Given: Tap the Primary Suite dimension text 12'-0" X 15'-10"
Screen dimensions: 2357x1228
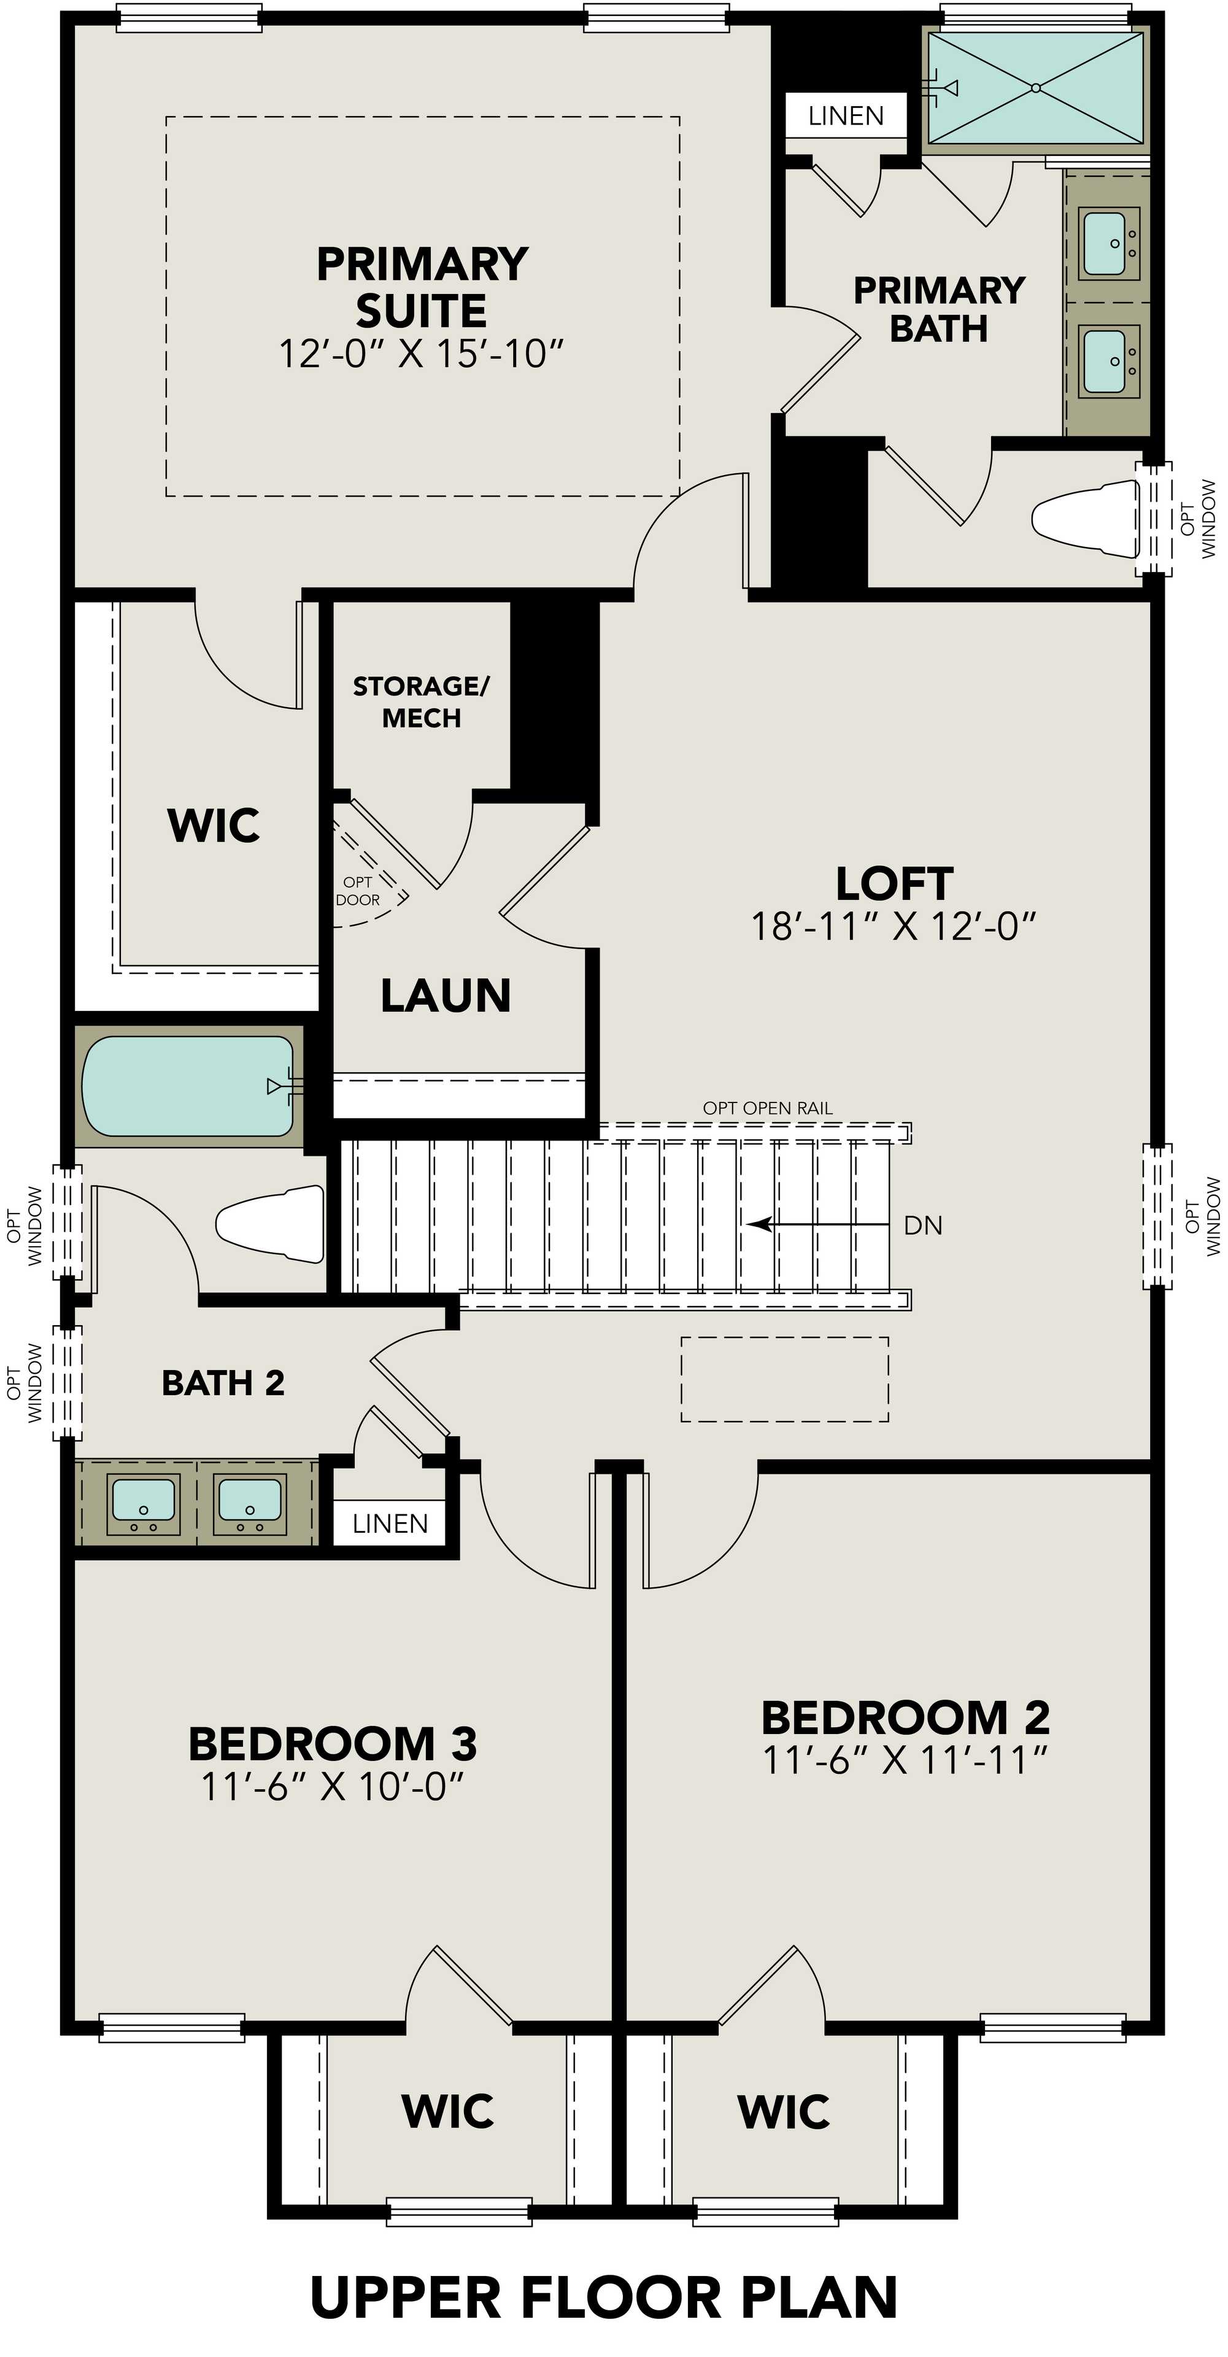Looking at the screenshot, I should tap(422, 353).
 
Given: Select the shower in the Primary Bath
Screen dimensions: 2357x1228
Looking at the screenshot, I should tap(1035, 88).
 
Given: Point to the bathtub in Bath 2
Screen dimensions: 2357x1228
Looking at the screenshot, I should tap(188, 1086).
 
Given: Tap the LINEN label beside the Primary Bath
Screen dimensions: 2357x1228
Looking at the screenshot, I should tap(846, 116).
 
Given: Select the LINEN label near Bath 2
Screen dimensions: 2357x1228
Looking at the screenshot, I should tap(390, 1523).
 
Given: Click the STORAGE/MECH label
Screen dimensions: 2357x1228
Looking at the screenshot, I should tap(421, 702).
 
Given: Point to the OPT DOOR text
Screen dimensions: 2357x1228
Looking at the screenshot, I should tap(358, 890).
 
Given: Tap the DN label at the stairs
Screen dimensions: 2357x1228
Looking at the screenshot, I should tap(922, 1225).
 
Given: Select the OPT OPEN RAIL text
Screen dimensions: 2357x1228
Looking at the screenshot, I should tap(768, 1108).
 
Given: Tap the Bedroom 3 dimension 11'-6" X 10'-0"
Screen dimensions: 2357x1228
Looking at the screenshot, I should tap(333, 1785).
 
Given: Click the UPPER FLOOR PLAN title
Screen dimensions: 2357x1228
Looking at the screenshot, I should tap(604, 2297).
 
